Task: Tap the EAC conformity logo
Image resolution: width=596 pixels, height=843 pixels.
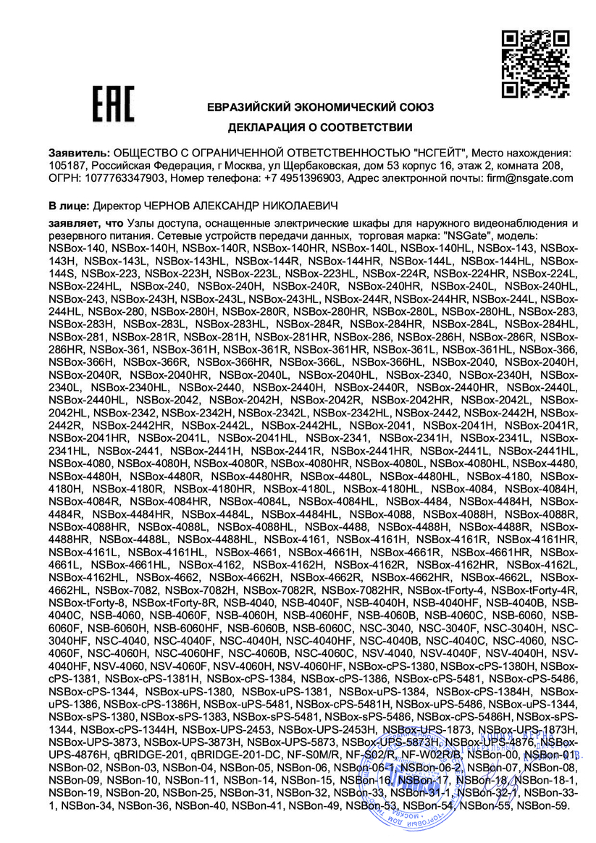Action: [x=112, y=105]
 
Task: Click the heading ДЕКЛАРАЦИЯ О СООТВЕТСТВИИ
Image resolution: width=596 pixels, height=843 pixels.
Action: [x=320, y=127]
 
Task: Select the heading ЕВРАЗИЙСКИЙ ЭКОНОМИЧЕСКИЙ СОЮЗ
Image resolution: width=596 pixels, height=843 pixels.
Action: [x=320, y=107]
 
